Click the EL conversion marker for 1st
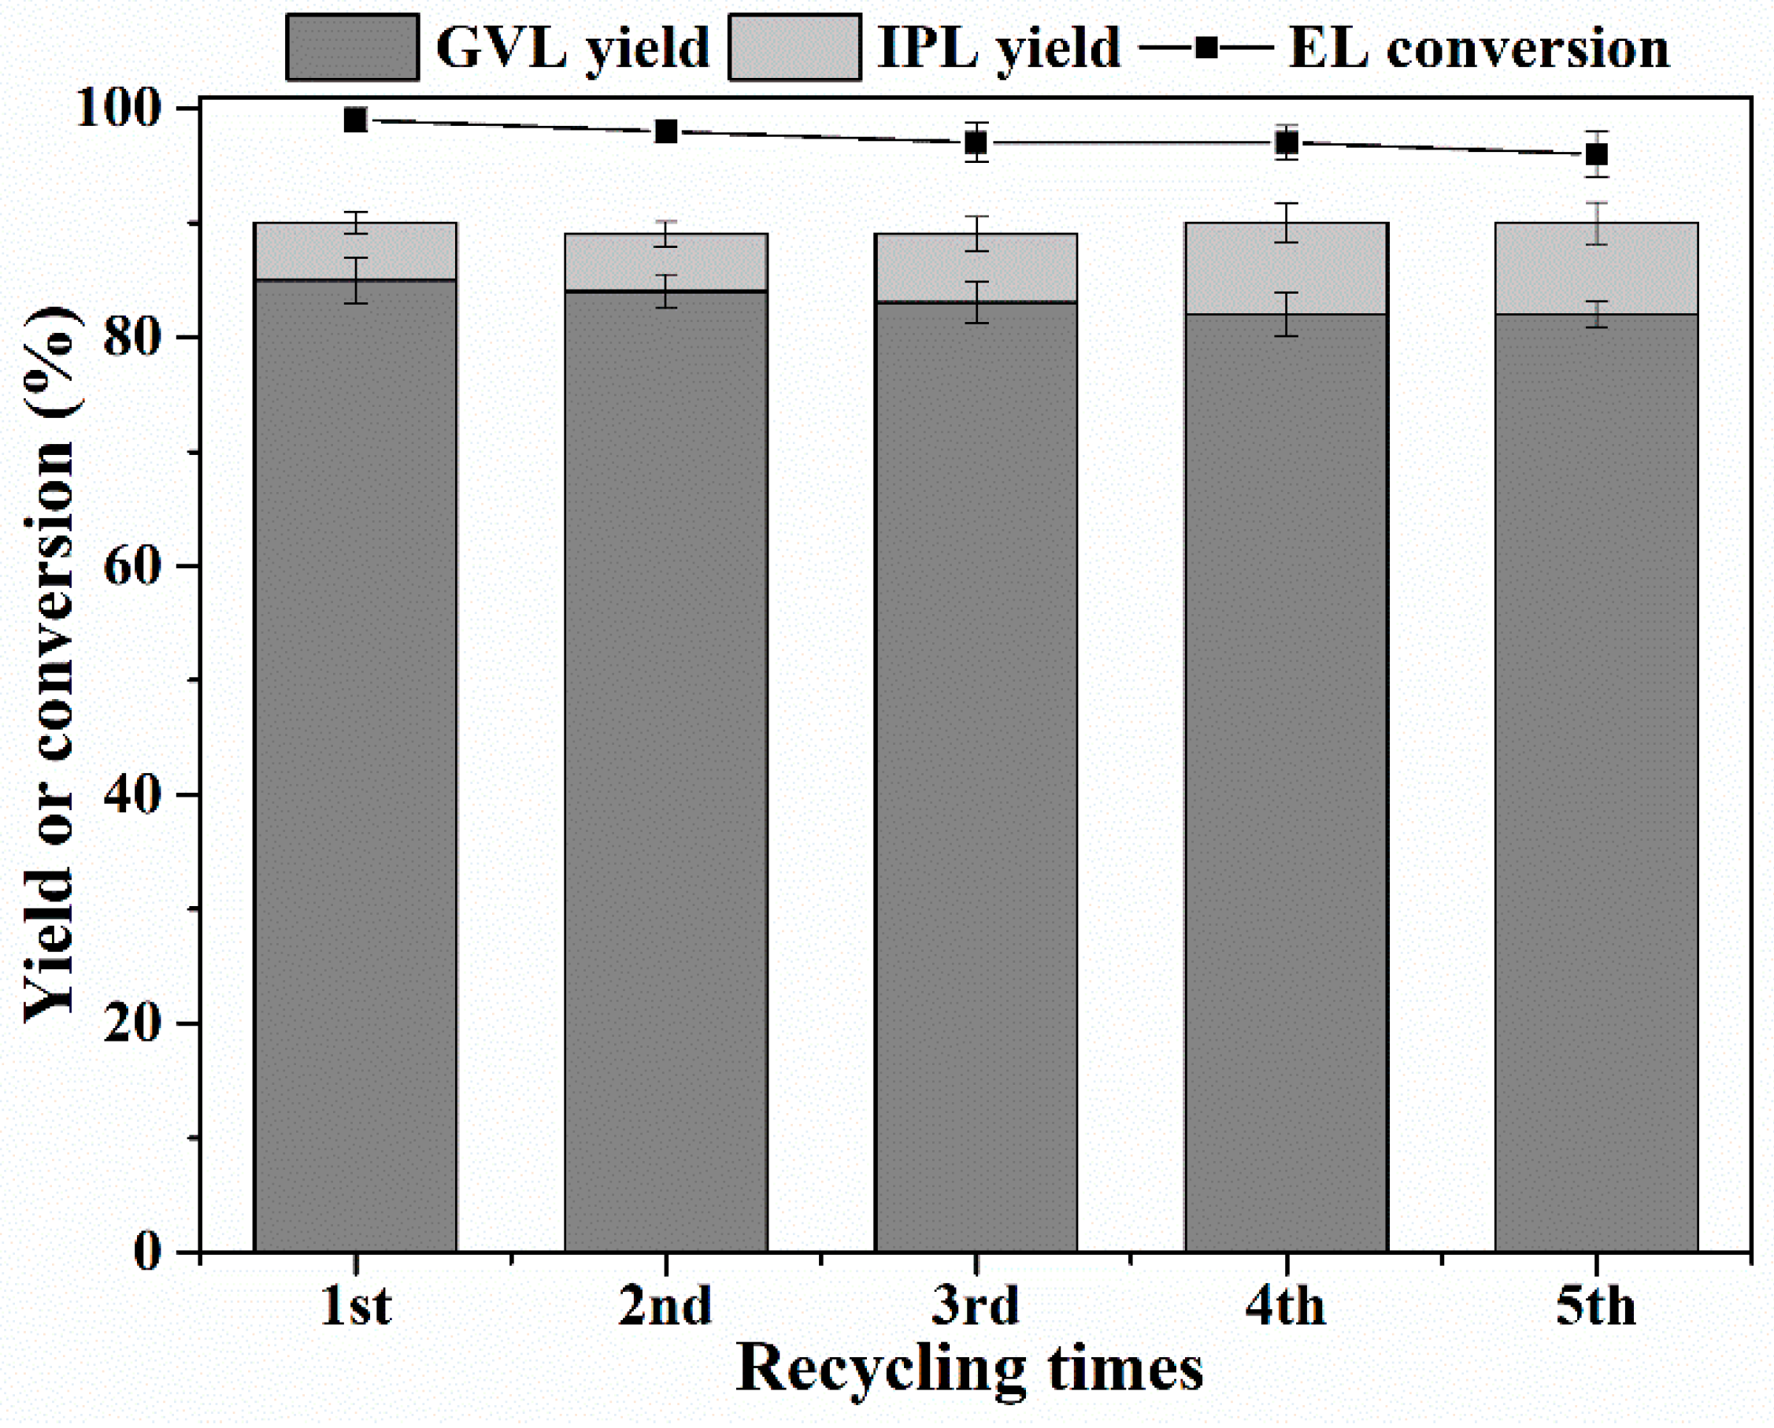354,120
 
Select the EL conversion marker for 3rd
976,143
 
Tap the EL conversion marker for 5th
1596,154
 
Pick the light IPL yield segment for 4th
1286,269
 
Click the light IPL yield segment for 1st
354,252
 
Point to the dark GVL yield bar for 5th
1596,782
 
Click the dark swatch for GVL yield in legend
352,48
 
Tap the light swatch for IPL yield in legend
794,48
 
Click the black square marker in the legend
1207,48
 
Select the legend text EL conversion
1479,48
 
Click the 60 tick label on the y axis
131,568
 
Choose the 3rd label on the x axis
976,1305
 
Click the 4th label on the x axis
1286,1305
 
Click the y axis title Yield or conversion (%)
50,666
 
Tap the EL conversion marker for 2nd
665,131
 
